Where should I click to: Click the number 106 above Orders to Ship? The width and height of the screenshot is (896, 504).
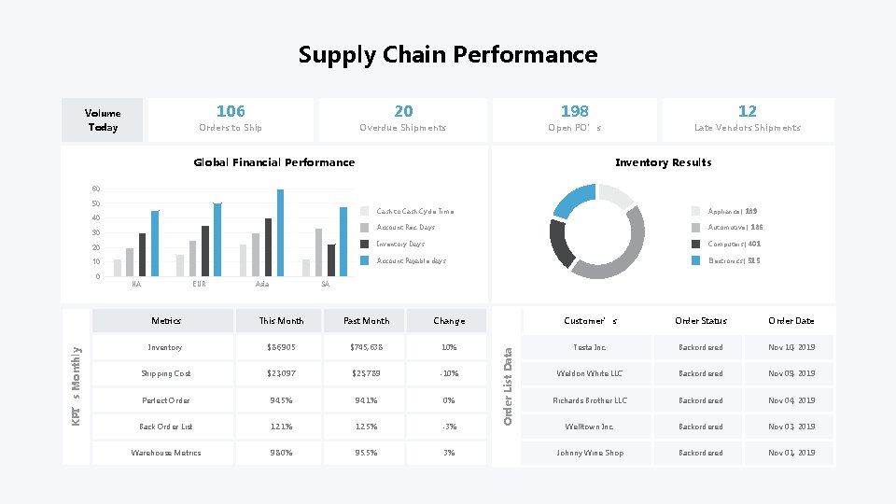(x=231, y=111)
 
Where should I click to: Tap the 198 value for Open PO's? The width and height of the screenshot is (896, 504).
(x=574, y=111)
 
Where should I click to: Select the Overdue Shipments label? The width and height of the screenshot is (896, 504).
(x=403, y=128)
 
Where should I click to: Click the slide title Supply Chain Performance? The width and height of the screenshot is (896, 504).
(x=448, y=55)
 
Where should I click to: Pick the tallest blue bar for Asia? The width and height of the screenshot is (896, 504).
(x=280, y=233)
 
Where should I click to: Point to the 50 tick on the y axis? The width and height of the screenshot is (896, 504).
(x=95, y=203)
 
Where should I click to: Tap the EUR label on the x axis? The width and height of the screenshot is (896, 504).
(x=199, y=284)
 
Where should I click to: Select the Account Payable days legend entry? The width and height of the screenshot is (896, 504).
(x=411, y=261)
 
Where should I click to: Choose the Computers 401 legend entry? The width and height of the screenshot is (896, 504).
(x=734, y=245)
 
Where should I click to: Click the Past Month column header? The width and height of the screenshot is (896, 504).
(x=366, y=321)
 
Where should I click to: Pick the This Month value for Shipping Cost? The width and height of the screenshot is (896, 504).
(x=281, y=374)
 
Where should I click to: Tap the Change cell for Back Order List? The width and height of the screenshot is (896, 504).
(x=449, y=427)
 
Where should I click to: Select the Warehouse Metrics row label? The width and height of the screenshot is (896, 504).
(x=166, y=454)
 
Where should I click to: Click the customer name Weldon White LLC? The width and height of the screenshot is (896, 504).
(x=590, y=374)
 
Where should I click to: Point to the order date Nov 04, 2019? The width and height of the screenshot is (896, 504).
(x=791, y=401)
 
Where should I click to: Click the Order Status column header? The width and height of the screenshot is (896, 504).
(x=701, y=321)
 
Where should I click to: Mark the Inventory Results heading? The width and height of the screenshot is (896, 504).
(x=663, y=162)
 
